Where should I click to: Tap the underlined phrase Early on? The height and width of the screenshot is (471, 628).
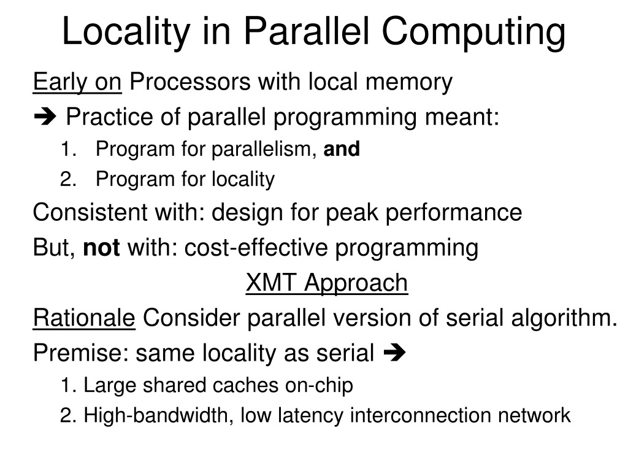[77, 81]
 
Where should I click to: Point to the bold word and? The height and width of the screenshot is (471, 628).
[342, 149]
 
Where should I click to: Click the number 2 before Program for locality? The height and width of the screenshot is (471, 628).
[67, 179]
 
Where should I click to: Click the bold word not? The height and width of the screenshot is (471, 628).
[102, 248]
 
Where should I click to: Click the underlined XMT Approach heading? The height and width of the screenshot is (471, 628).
[327, 283]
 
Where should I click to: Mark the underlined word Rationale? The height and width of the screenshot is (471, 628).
[84, 318]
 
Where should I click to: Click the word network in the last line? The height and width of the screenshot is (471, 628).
[534, 415]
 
